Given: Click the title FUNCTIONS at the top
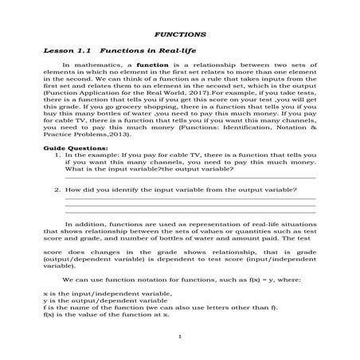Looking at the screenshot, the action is click(179, 35).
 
